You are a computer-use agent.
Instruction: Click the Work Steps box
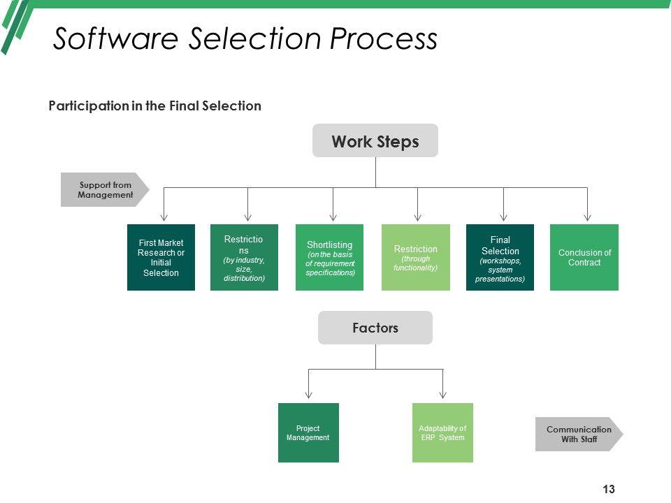(x=375, y=141)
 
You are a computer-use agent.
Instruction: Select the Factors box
(x=375, y=328)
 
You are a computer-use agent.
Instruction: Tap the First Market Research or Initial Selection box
(x=161, y=257)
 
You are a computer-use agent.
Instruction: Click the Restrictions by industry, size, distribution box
(x=244, y=257)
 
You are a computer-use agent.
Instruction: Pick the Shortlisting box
(x=329, y=257)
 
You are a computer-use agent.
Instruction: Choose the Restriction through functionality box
(x=415, y=257)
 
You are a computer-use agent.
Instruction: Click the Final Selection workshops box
(x=500, y=257)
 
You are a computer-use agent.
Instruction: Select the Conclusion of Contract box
(x=584, y=257)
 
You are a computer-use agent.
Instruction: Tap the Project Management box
(x=308, y=432)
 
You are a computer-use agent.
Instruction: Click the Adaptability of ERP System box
(x=442, y=432)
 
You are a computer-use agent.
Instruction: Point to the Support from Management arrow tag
(x=105, y=190)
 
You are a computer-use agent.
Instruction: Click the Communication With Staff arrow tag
(x=579, y=434)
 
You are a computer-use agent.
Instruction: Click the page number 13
(x=608, y=489)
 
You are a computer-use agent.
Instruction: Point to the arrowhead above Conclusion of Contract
(x=587, y=217)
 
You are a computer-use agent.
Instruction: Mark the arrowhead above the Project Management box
(x=308, y=395)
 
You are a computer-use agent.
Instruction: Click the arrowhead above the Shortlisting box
(x=333, y=217)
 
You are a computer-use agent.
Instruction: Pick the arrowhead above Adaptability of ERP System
(x=443, y=395)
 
